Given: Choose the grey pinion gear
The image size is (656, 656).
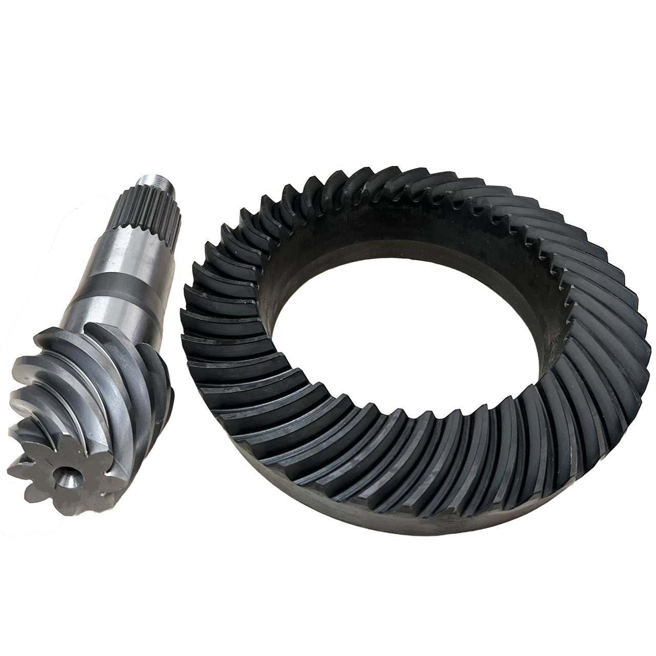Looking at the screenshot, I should (97, 359).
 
